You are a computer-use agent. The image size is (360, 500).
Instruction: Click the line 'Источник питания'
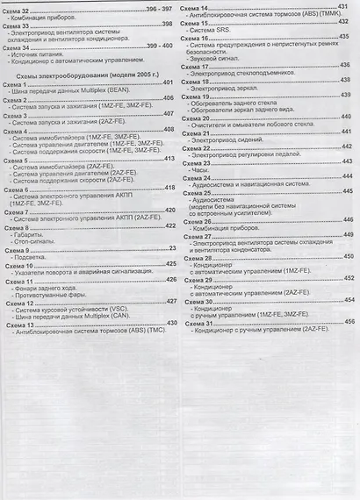(x=40, y=53)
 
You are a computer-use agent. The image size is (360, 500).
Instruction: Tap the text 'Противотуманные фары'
(x=48, y=294)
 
